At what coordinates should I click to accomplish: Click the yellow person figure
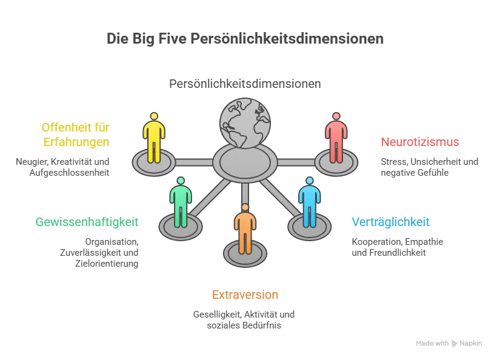pos(153,138)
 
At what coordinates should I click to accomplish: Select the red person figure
pos(335,138)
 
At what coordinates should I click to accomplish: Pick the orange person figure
pos(245,230)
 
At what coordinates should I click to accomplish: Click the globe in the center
pos(245,123)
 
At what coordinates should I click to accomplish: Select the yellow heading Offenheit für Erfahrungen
pos(76,135)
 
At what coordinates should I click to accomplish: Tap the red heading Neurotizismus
pos(419,143)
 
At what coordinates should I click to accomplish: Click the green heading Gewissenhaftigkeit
pos(87,222)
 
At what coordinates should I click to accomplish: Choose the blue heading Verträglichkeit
pos(391,222)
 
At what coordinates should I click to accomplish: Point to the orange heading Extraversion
pos(245,295)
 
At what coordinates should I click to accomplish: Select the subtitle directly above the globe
pos(246,84)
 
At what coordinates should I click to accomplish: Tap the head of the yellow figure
pos(153,116)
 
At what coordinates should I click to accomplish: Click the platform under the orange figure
pos(245,255)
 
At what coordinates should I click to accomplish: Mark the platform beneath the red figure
pos(335,163)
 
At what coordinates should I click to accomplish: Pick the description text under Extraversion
pos(242,319)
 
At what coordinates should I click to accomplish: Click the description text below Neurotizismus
pos(429,167)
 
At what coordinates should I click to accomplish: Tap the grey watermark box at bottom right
pos(448,344)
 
